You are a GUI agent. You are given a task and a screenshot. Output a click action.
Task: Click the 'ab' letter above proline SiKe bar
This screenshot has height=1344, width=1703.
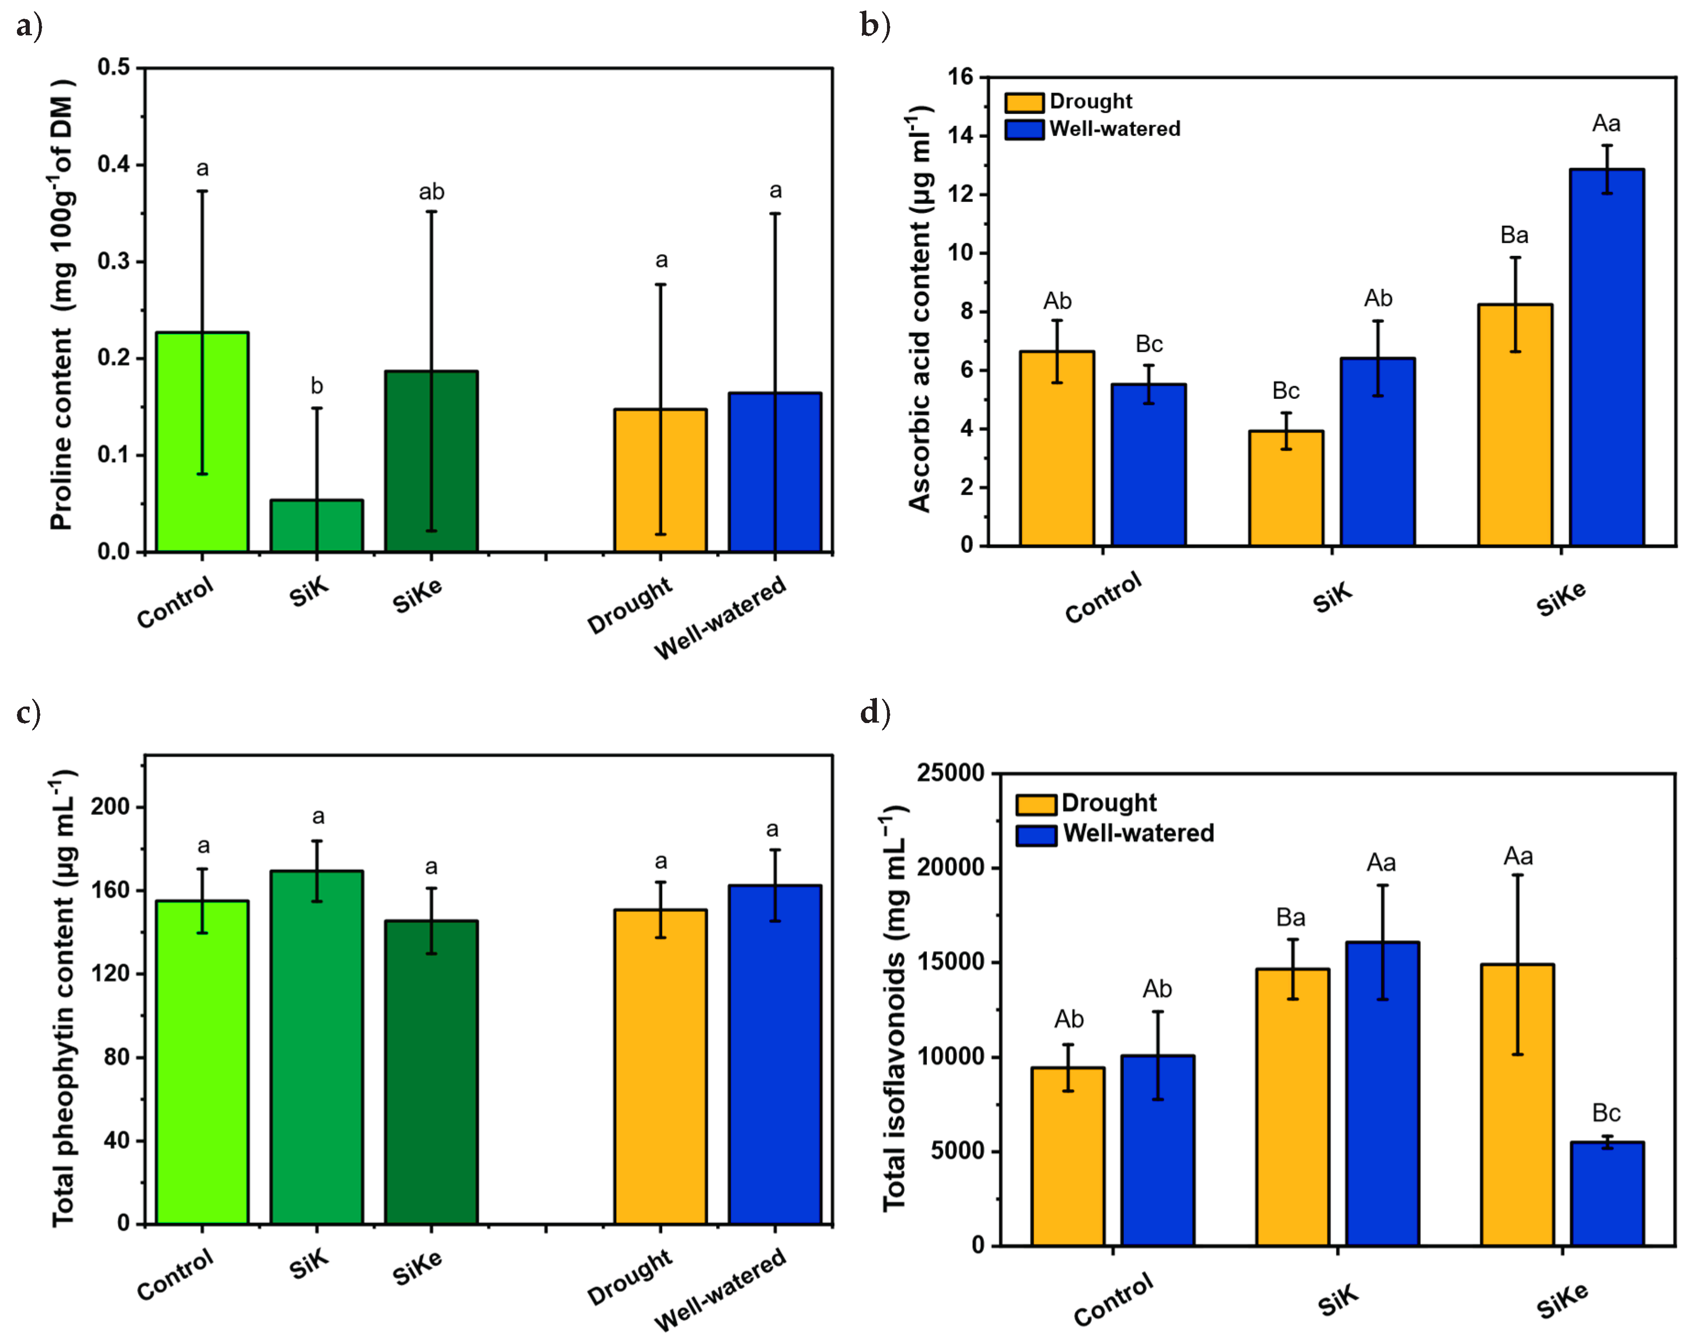[431, 192]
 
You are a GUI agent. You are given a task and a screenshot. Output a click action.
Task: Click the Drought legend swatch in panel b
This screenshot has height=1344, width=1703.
[1024, 102]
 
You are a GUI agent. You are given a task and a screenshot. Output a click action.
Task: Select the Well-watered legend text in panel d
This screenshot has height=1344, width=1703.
[1138, 833]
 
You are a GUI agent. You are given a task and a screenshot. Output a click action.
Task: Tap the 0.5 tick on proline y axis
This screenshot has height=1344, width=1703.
[114, 68]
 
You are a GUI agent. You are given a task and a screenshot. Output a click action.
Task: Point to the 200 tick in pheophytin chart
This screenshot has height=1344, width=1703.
[110, 806]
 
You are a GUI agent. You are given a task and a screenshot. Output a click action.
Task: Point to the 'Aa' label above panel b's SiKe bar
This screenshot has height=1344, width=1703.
[1606, 124]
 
